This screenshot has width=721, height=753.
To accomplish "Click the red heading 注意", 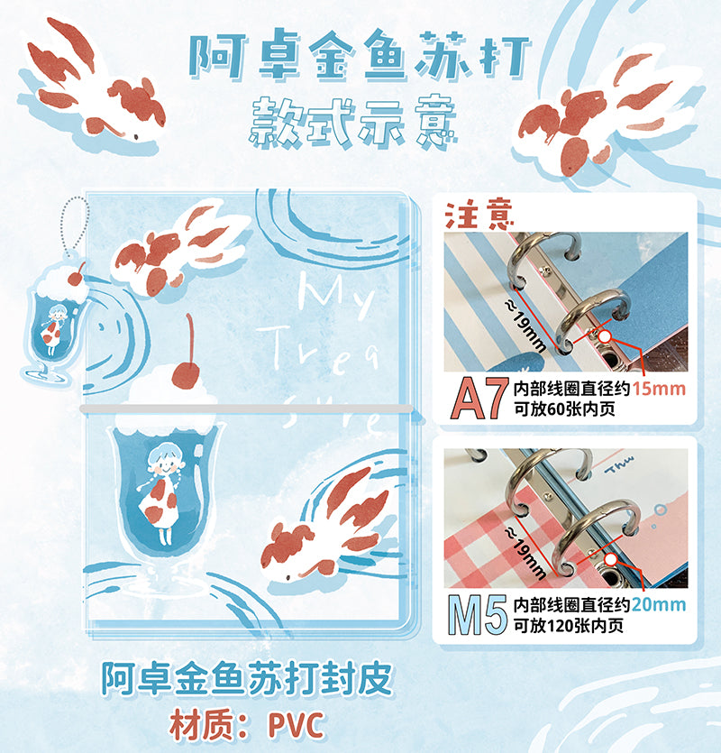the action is pos(479,215).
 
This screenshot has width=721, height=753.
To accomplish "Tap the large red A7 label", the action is pos(479,399).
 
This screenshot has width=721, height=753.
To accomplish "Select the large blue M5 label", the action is pos(478,615).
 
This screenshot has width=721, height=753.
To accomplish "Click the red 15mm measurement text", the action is pos(659,389).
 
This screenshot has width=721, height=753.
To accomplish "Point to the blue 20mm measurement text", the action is pos(659,604).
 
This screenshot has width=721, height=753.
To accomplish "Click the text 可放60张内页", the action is pos(564,409).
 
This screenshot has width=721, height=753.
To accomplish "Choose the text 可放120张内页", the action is pos(569,625).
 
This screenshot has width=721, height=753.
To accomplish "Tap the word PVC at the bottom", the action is pos(296,726).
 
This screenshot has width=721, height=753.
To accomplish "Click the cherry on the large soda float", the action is pos(187,373).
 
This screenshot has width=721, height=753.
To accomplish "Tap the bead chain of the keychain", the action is pos(72,225).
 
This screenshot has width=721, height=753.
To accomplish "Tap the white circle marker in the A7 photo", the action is pos(605,336).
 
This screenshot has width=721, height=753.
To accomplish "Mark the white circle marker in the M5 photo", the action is pos(610,559).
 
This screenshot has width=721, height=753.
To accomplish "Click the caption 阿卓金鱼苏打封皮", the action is pos(246,679).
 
